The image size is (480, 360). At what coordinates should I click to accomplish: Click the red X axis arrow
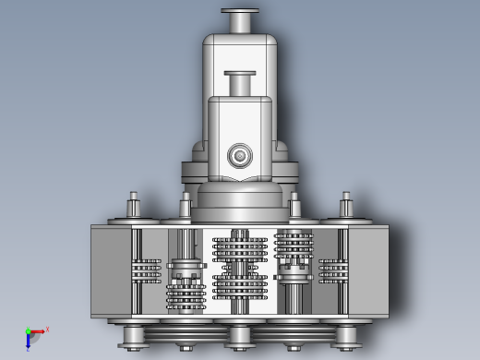[38, 331]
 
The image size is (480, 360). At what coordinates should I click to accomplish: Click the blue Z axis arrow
[28, 341]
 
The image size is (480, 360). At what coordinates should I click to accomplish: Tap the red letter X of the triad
[47, 329]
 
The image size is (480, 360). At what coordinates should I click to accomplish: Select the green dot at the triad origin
[28, 331]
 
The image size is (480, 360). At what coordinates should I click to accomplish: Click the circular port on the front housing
[240, 155]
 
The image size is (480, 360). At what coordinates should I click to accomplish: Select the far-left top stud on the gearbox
[133, 205]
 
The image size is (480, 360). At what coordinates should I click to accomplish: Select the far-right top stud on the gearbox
[346, 205]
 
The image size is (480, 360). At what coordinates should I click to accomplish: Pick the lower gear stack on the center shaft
[240, 286]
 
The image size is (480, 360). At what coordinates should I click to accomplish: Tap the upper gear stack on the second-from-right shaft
[294, 245]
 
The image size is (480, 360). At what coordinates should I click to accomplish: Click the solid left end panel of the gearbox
[110, 272]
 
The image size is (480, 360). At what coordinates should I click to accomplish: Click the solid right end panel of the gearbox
[369, 272]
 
